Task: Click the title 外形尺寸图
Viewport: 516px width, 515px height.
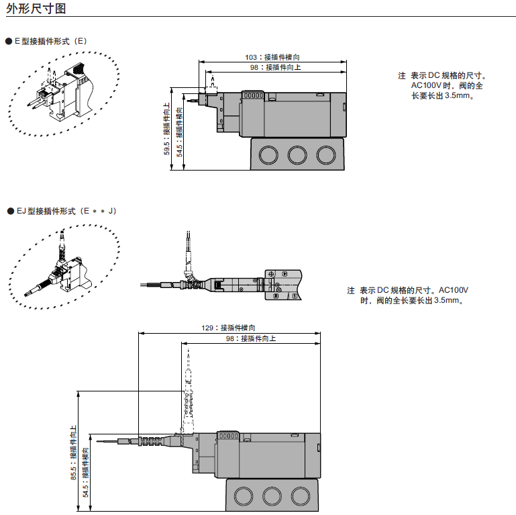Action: (x=36, y=8)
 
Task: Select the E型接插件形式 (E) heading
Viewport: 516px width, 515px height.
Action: (x=51, y=41)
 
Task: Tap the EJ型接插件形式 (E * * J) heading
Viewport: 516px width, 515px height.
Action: (x=66, y=211)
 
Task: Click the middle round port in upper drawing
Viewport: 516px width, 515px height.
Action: (x=297, y=154)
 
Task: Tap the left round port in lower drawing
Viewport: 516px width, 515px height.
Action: (x=244, y=496)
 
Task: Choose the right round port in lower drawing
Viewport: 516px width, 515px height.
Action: (x=301, y=496)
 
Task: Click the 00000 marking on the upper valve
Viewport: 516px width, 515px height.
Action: (x=253, y=95)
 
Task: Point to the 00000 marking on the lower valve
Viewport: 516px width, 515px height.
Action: (x=228, y=436)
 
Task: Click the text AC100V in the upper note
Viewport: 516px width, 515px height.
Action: (x=426, y=86)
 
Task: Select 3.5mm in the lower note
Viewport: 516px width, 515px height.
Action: (x=446, y=300)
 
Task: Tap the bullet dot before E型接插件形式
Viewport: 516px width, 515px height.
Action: (x=9, y=42)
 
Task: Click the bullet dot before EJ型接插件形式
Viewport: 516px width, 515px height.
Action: (x=11, y=211)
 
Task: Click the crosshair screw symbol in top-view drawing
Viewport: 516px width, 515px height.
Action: (x=271, y=274)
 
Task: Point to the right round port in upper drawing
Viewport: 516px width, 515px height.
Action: (x=326, y=154)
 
